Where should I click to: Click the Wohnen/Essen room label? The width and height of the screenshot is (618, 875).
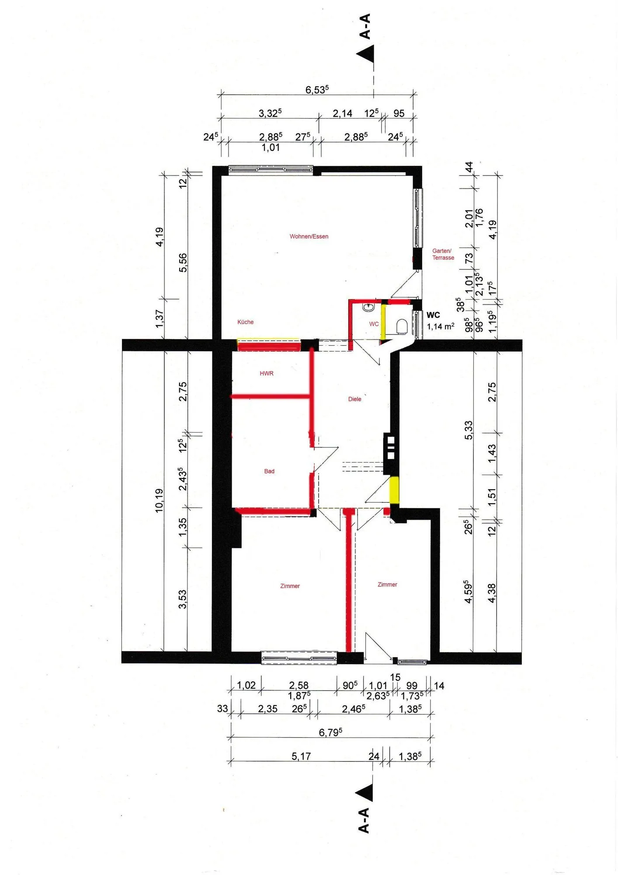309,237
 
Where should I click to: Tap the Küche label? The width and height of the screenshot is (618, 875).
245,322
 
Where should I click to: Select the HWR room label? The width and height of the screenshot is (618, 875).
267,373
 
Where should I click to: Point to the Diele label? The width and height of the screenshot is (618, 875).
354,399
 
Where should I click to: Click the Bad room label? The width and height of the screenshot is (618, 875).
269,471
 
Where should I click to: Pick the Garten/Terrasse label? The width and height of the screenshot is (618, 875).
443,254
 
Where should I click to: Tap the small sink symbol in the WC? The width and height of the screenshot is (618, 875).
369,307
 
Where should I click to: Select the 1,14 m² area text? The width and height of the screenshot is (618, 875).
441,326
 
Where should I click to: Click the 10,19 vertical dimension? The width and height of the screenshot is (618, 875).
159,500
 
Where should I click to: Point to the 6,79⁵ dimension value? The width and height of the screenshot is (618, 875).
330,732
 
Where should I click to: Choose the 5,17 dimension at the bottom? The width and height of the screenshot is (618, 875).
301,756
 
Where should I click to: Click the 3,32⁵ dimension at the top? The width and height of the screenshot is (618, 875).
270,113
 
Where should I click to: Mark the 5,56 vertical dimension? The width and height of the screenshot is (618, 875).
183,262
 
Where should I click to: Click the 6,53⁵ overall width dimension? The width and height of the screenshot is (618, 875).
317,90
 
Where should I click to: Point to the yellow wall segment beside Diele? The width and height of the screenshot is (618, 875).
394,490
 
